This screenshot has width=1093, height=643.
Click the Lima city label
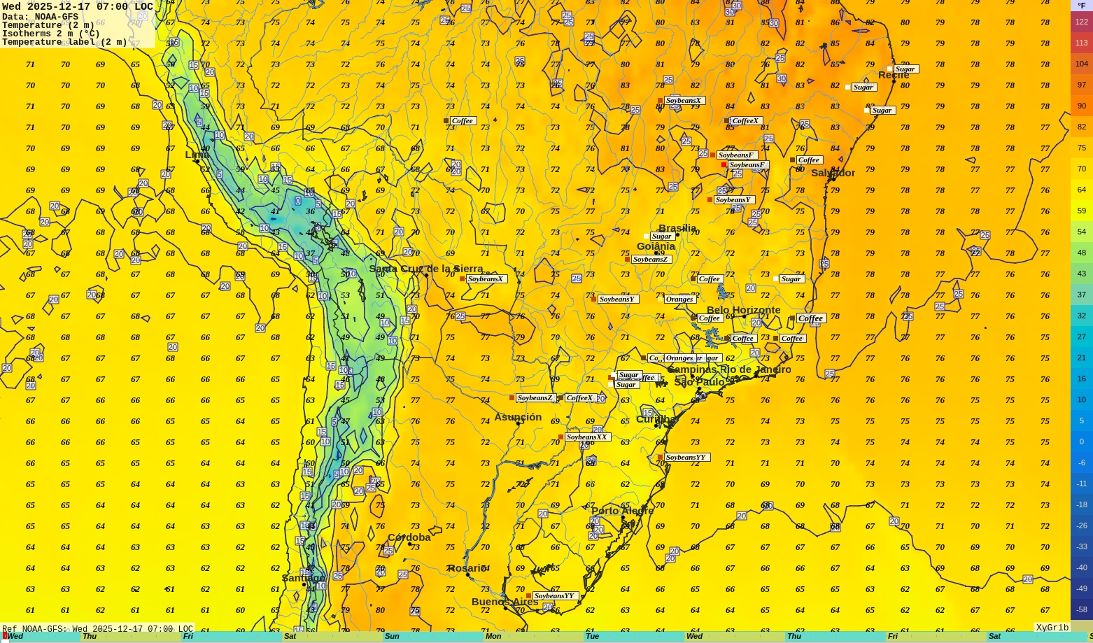pyautogui.click(x=197, y=155)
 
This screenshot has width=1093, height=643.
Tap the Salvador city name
pyautogui.click(x=833, y=173)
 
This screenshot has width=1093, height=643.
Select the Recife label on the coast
pyautogui.click(x=894, y=75)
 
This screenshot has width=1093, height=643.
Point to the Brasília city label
pyautogui.click(x=677, y=228)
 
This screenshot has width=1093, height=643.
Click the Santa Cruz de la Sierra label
pyautogui.click(x=425, y=269)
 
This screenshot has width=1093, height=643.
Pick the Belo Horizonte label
pyautogui.click(x=743, y=310)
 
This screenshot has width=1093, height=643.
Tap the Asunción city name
pyautogui.click(x=518, y=417)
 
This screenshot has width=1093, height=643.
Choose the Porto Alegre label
pyautogui.click(x=622, y=511)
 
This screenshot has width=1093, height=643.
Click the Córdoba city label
pyautogui.click(x=409, y=537)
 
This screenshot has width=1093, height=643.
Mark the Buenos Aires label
pyautogui.click(x=505, y=602)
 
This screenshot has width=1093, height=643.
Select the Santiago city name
pyautogui.click(x=304, y=578)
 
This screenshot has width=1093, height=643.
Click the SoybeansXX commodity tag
pyautogui.click(x=586, y=437)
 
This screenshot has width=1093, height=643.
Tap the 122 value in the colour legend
pyautogui.click(x=1081, y=22)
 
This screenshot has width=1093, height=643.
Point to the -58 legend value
pyautogui.click(x=1081, y=609)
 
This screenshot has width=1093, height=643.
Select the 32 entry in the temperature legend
pyautogui.click(x=1081, y=316)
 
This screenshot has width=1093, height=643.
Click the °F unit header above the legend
pyautogui.click(x=1081, y=6)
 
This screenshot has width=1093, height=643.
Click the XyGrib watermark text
pyautogui.click(x=1052, y=628)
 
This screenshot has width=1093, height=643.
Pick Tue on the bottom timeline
pyautogui.click(x=592, y=637)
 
